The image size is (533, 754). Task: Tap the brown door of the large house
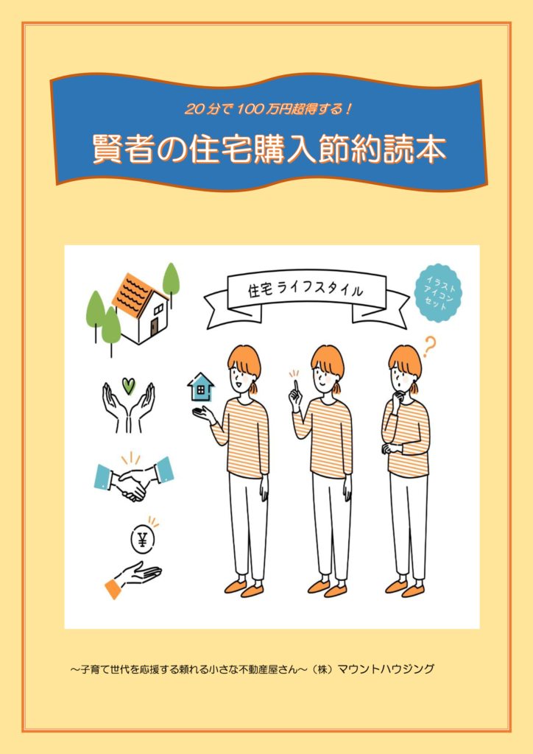tap(155, 328)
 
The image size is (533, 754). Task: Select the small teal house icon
tap(201, 387)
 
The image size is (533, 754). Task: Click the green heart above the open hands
tap(128, 385)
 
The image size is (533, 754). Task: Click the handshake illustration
tap(133, 479)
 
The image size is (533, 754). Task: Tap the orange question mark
tap(429, 348)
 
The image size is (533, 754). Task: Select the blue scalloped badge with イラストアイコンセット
tap(437, 292)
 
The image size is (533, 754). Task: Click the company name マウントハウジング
tap(386, 669)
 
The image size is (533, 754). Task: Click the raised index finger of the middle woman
tap(296, 385)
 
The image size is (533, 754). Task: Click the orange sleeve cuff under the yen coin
tap(113, 588)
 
